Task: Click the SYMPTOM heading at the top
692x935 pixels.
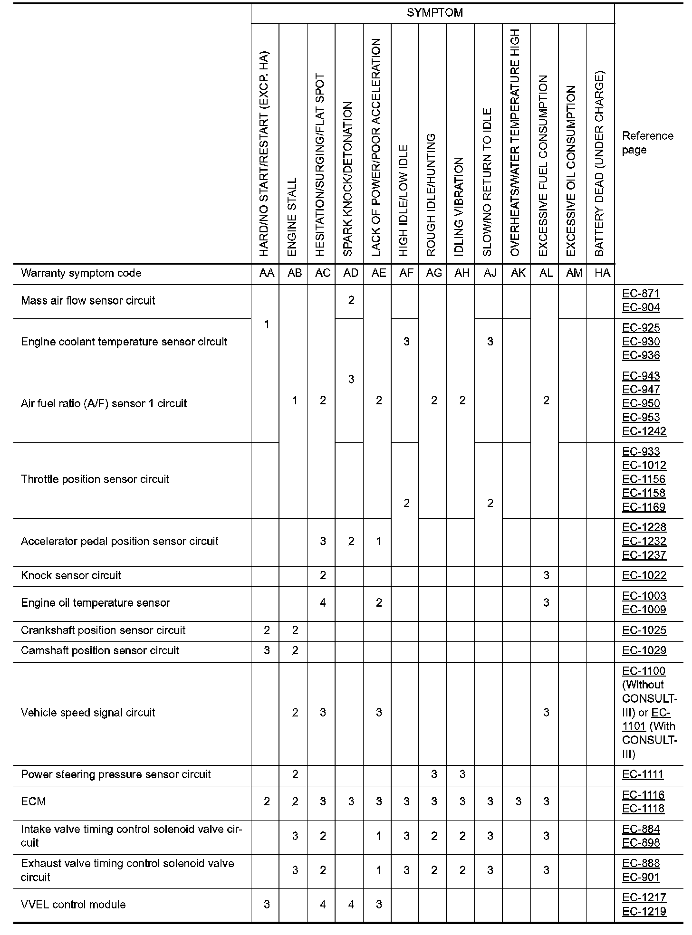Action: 434,13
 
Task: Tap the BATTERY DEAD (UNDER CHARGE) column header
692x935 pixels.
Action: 600,164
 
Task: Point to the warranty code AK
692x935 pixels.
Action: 518,273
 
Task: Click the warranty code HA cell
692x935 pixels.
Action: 602,273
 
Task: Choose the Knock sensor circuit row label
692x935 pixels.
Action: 71,575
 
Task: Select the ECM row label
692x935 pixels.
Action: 33,801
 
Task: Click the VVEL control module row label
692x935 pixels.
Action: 73,904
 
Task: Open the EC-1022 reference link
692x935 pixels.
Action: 644,575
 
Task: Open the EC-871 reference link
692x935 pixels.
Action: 641,294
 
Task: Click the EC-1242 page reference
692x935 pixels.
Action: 644,431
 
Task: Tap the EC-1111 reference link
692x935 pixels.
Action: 643,774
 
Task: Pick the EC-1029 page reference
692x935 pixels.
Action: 644,650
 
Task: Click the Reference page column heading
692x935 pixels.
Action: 647,143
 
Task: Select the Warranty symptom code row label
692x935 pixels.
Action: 81,273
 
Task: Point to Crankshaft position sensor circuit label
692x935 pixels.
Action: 103,630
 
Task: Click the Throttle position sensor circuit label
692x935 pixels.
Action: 95,479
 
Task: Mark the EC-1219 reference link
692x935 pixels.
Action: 644,911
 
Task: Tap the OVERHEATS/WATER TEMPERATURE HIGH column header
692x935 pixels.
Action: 515,143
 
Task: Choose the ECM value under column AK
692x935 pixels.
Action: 518,801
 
